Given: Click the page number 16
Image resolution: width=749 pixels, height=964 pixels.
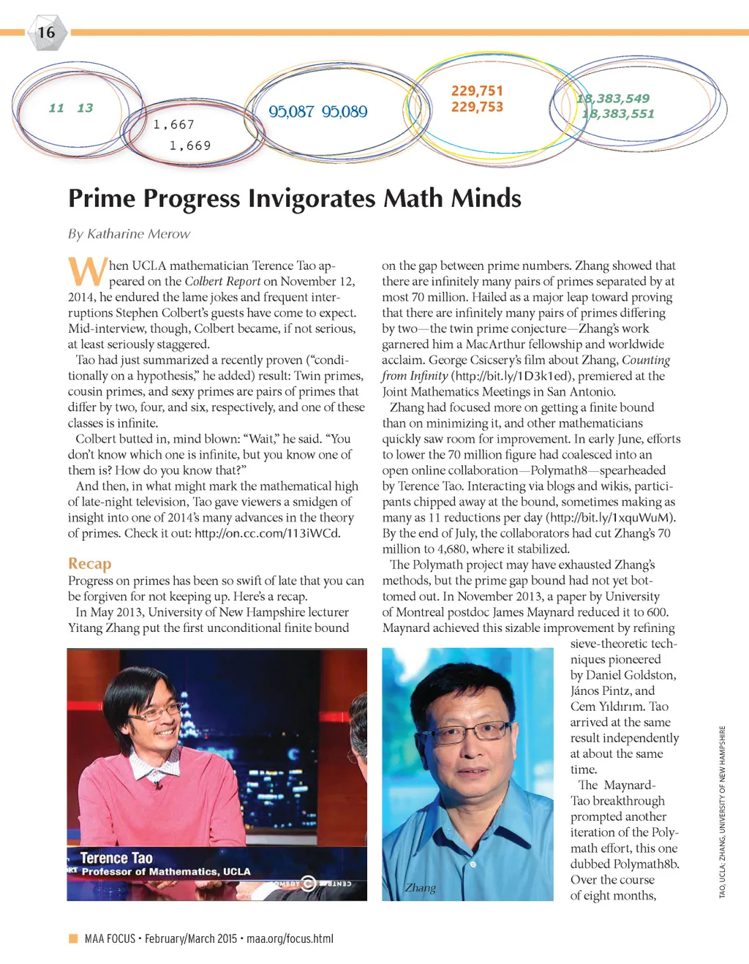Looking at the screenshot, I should tap(46, 33).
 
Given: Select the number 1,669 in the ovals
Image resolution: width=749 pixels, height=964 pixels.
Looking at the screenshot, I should tap(190, 146).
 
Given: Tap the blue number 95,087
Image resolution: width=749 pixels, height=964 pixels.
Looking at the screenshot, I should tap(291, 112).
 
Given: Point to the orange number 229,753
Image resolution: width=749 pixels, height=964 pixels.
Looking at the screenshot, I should tap(477, 107).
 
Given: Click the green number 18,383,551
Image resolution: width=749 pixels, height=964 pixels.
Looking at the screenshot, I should tap(618, 113).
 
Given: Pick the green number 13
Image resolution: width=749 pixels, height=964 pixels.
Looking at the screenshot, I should tap(85, 108).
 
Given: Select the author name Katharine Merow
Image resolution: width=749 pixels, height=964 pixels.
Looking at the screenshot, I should tap(138, 234).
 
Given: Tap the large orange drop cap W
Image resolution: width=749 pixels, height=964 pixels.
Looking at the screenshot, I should tap(87, 271).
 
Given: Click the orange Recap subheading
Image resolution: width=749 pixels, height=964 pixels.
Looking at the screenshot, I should tap(90, 563).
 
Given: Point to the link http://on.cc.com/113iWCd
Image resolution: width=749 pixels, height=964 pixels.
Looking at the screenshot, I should tap(267, 533).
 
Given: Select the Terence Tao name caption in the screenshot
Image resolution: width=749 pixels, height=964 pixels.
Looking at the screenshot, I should tap(116, 858).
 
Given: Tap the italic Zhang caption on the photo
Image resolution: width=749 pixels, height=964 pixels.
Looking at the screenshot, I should tap(421, 888).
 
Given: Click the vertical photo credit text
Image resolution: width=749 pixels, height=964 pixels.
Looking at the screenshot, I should tap(722, 812).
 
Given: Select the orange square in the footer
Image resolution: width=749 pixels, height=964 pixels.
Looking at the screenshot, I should tap(73, 938).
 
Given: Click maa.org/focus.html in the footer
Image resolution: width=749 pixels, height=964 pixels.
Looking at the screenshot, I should tap(290, 938).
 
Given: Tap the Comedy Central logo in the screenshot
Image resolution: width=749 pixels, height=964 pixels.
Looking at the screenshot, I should tap(309, 884).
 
